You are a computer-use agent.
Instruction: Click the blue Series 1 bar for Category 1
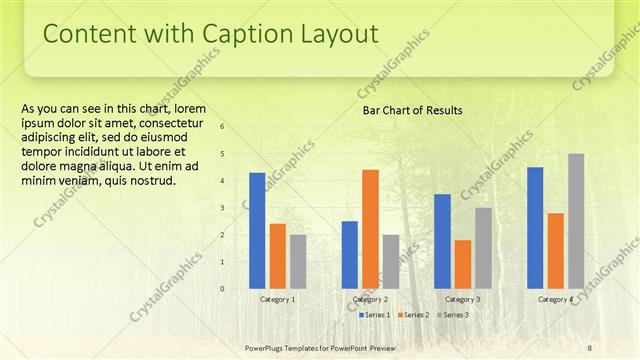pyautogui.click(x=257, y=230)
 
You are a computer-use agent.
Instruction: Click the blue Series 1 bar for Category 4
pyautogui.click(x=535, y=227)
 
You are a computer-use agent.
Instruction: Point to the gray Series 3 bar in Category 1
pyautogui.click(x=298, y=261)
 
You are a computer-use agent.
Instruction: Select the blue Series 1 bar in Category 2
pyautogui.click(x=350, y=254)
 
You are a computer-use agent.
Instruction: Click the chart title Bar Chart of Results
pyautogui.click(x=412, y=110)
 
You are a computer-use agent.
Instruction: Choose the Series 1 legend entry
pyautogui.click(x=374, y=315)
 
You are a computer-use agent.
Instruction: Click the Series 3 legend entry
pyautogui.click(x=452, y=315)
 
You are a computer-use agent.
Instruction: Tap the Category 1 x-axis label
pyautogui.click(x=277, y=299)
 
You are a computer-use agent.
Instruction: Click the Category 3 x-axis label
pyautogui.click(x=462, y=299)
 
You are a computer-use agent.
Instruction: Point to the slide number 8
pyautogui.click(x=589, y=347)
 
